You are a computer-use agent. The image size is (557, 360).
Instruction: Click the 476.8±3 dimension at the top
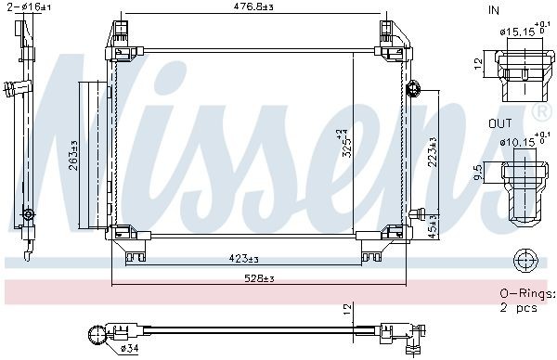(x=253, y=9)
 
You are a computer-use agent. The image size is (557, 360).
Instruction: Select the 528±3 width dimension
(x=256, y=278)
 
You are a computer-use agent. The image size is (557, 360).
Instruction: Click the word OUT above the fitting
(x=499, y=122)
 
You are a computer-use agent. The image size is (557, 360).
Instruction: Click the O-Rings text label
(x=525, y=293)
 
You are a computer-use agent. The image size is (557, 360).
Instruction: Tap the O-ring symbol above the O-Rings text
(x=525, y=259)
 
